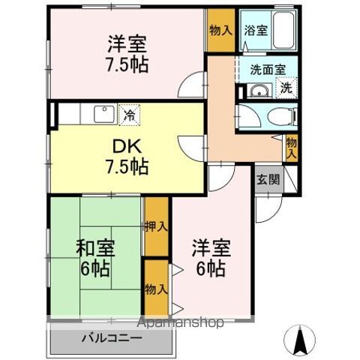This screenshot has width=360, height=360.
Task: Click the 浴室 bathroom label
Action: coord(256,31)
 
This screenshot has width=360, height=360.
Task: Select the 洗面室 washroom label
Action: coord(268,68)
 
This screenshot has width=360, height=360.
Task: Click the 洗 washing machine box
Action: coord(287,87)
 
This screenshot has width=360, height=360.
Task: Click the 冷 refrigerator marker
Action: coord(129,115)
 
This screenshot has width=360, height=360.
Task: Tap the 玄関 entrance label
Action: coord(268,179)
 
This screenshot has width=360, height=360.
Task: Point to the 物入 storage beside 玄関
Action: coord(291,147)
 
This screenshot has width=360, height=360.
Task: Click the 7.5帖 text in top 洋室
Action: coord(125,64)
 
